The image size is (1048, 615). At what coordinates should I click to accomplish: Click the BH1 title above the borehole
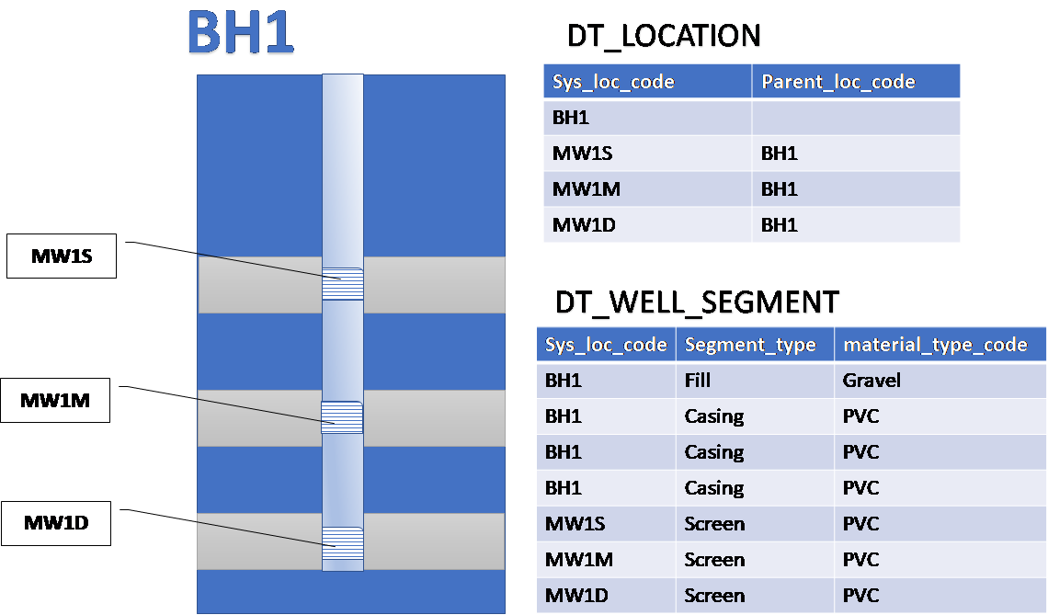(241, 32)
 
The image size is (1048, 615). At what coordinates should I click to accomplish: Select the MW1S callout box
(63, 256)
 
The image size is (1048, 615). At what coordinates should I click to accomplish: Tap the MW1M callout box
(55, 401)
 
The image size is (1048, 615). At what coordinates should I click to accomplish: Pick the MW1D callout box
(56, 523)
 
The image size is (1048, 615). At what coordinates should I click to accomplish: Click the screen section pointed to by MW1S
(342, 283)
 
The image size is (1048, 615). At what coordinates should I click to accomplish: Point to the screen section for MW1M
(342, 417)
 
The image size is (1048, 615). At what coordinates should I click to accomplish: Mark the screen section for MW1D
(342, 543)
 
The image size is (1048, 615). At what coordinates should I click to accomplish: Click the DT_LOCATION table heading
(664, 36)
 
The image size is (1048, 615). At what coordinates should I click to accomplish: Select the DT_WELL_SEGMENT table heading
(697, 302)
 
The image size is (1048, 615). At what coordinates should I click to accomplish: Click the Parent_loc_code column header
(837, 82)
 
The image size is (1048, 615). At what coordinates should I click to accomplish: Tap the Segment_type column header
(750, 345)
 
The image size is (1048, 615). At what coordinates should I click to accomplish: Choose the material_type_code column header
(935, 345)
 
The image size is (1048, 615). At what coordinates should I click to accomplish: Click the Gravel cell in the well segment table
(871, 381)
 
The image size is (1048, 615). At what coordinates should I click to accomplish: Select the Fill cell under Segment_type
(698, 381)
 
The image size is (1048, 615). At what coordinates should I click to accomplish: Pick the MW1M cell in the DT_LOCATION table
(586, 189)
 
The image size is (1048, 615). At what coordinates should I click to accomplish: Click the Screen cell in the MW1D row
(714, 596)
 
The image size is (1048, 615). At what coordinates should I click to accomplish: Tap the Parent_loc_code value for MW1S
(780, 154)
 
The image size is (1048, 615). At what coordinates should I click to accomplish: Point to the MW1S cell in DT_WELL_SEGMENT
(575, 524)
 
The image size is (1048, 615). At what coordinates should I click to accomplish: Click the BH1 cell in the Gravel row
(564, 381)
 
